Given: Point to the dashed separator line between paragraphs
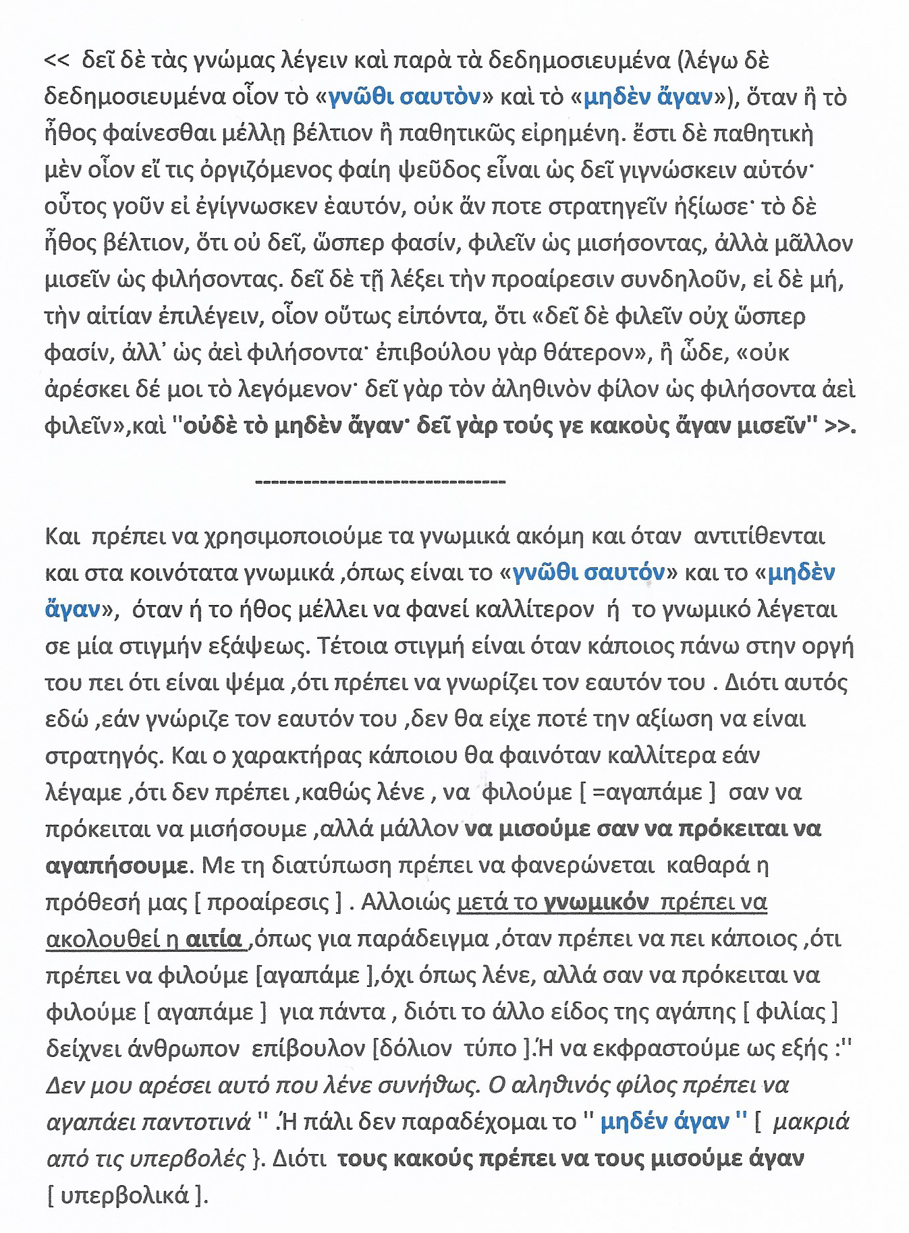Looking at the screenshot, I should tap(381, 481).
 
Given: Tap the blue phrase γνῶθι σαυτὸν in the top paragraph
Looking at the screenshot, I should tap(404, 98).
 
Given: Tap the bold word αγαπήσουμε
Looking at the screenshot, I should tap(117, 865).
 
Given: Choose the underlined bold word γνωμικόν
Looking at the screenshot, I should tap(597, 902).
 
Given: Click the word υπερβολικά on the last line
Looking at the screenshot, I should tap(125, 1195).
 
